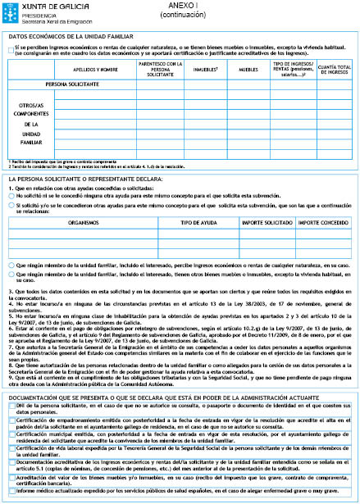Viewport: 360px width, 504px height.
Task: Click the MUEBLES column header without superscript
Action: coord(248,69)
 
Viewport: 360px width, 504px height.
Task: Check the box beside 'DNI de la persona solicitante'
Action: coord(10,429)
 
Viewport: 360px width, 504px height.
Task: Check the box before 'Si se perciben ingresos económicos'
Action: coord(10,49)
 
